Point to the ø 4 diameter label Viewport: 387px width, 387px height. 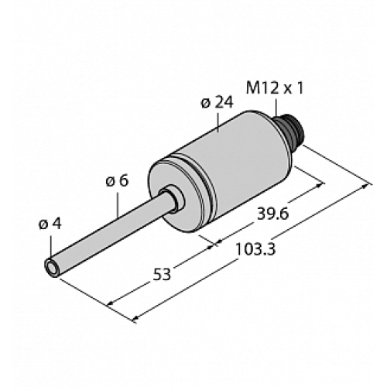click(48, 224)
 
